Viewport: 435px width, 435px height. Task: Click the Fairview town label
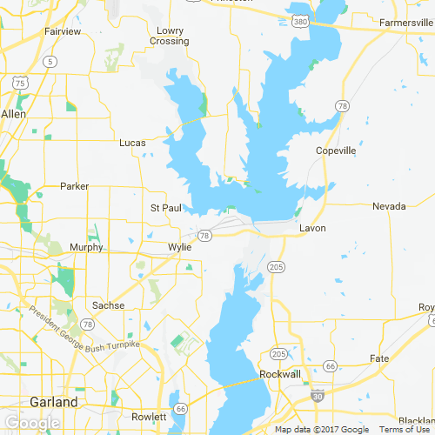coord(63,31)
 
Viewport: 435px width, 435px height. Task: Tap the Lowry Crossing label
coord(169,36)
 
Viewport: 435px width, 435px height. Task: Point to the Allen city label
coord(14,114)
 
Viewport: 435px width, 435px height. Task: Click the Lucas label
coord(133,142)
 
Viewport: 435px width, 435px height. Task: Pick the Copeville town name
coord(336,151)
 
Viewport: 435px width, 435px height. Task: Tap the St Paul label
coord(165,208)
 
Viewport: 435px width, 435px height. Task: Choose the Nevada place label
coord(389,206)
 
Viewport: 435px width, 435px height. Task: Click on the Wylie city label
coord(179,247)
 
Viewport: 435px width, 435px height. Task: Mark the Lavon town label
coord(311,228)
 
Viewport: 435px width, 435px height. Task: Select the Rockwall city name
coord(280,374)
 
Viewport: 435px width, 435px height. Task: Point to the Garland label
coord(53,402)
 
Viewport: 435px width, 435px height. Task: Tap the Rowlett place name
coord(148,417)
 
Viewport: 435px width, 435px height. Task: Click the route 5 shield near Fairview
coord(52,61)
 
